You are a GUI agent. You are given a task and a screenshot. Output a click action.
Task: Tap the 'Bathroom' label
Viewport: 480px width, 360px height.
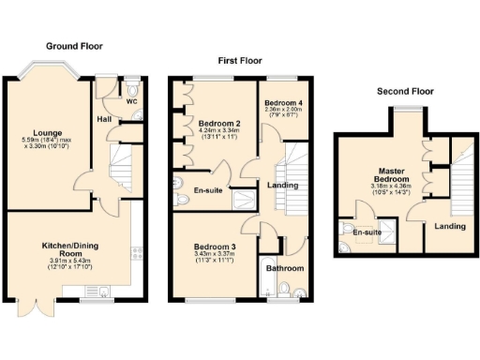coord(285,269)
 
